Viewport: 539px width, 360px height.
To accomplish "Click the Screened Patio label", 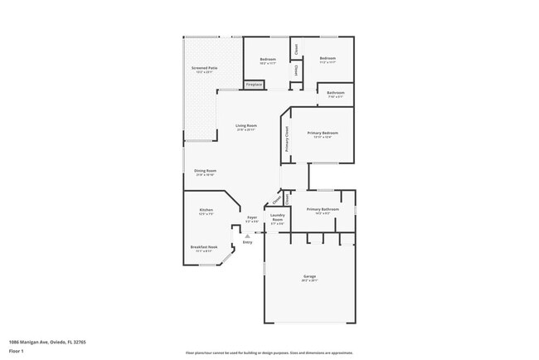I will (x=204, y=68).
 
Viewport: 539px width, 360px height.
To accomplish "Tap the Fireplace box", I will (x=254, y=85).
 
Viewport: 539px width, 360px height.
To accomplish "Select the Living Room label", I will (x=245, y=125).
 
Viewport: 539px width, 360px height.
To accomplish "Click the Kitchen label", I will (x=206, y=210).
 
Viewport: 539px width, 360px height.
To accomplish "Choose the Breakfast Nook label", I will (x=204, y=246).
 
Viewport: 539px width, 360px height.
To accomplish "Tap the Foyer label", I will (x=252, y=217).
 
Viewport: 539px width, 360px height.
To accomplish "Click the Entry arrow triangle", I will (x=247, y=235).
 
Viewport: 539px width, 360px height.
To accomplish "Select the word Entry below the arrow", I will (x=247, y=242).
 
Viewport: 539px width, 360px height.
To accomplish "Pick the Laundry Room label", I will (x=277, y=217).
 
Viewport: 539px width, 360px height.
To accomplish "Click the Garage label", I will (x=308, y=276).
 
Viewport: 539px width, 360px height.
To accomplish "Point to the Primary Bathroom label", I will (x=322, y=209).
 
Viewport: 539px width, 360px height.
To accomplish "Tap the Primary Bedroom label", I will (x=323, y=133).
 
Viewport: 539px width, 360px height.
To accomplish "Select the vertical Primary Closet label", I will (x=287, y=138).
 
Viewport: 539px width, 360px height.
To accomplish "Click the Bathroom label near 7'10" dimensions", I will (x=335, y=92).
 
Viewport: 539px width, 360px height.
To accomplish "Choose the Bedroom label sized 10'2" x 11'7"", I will (x=267, y=59).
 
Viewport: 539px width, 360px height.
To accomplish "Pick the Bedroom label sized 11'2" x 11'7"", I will (x=328, y=59).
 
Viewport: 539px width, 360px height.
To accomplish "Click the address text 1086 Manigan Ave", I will (x=47, y=342).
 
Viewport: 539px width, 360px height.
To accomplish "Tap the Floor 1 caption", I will (x=16, y=351).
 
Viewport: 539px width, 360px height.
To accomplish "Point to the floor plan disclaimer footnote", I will (x=269, y=352).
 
